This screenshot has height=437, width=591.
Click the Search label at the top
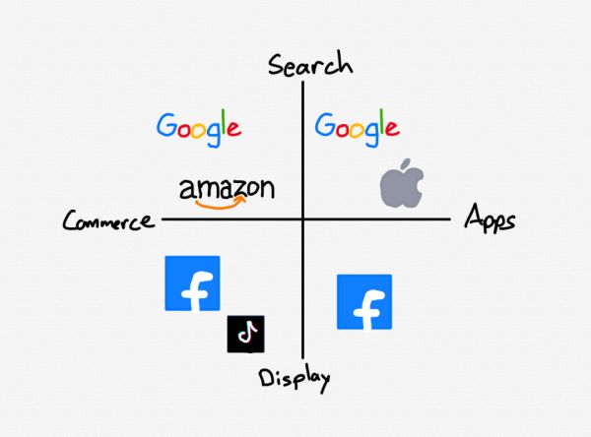[x=310, y=65]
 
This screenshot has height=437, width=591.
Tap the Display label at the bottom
[x=295, y=377]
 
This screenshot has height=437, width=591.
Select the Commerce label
[x=108, y=220]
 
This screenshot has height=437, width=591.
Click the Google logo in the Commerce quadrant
[x=199, y=126]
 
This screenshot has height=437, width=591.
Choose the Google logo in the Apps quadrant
[x=357, y=126]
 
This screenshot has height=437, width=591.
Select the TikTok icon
[x=246, y=334]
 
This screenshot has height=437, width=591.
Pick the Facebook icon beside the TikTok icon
[x=192, y=283]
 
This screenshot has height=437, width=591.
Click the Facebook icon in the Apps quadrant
[x=364, y=302]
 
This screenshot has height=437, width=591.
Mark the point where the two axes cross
[x=303, y=218]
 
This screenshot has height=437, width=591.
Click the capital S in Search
[x=277, y=65]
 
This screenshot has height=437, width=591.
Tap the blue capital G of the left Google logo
[x=167, y=125]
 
